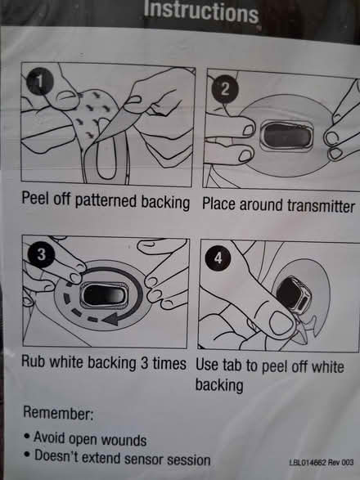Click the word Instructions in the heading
201,11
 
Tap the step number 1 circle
40,82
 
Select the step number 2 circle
225,89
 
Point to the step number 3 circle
41,254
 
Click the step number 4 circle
218,258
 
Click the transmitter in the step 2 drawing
286,137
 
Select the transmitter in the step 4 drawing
294,295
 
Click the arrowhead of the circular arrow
110,319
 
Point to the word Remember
57,413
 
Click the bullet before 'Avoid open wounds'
28,436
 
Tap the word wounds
124,440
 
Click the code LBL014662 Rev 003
322,462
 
